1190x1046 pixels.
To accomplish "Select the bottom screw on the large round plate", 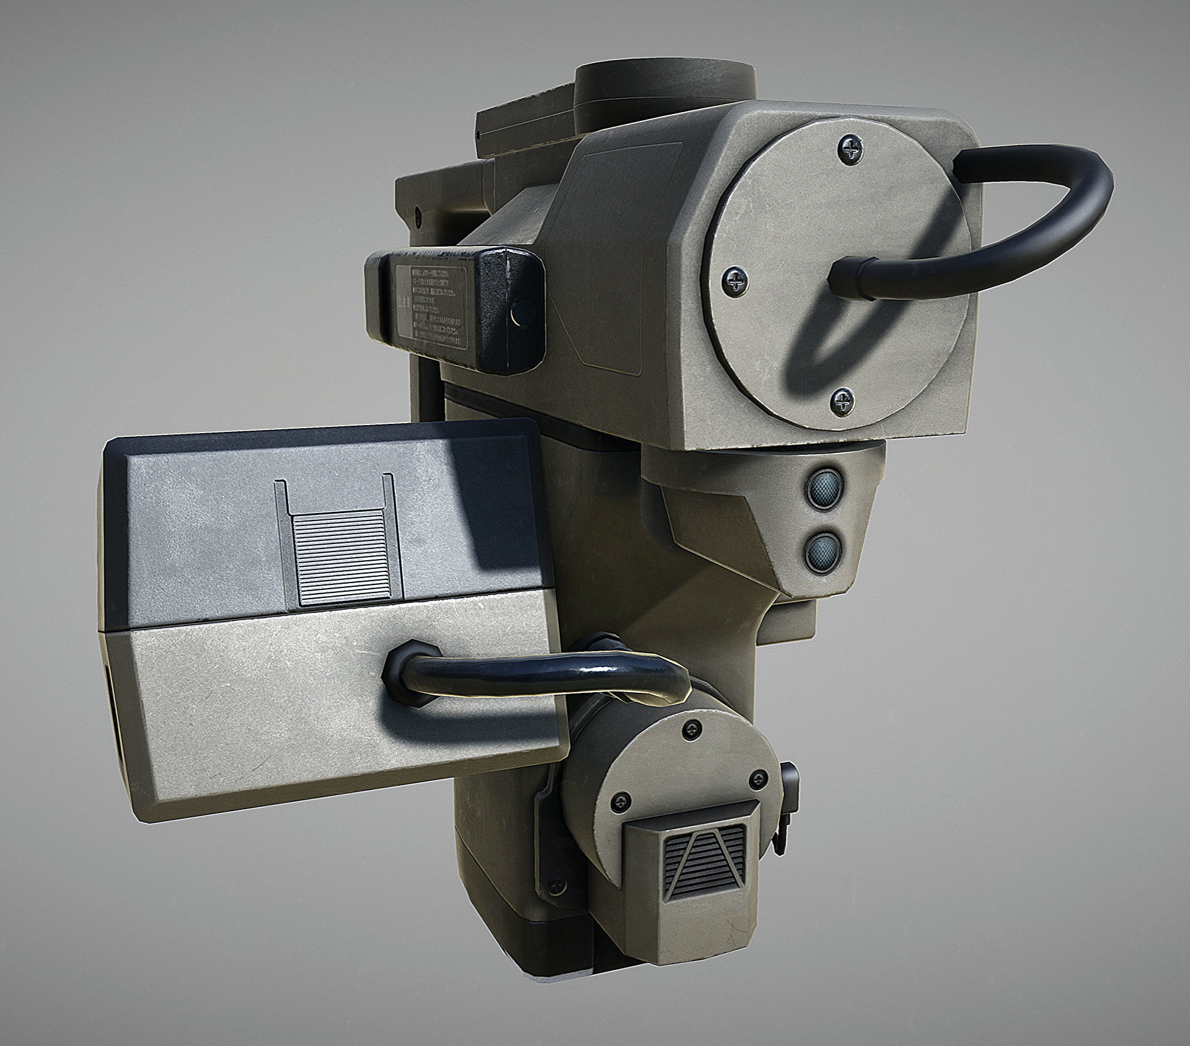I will coord(842,402).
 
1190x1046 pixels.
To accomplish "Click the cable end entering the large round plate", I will coord(852,278).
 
